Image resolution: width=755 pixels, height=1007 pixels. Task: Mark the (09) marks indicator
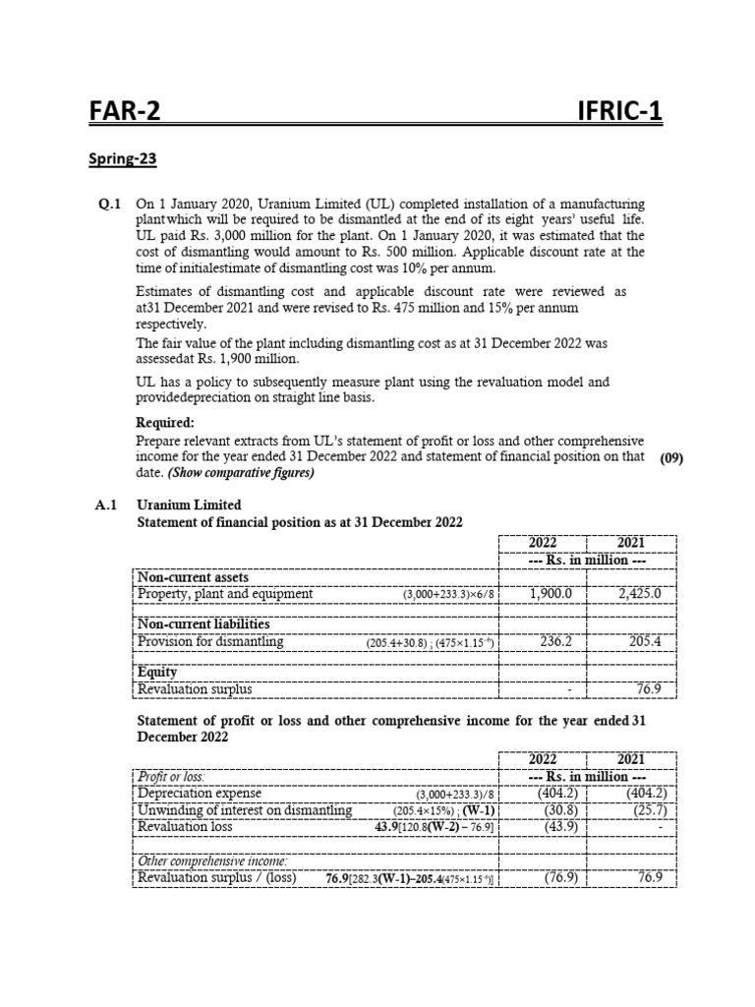[671, 457]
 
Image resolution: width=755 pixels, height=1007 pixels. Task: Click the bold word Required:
[164, 422]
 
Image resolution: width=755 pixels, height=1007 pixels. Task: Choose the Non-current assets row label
[193, 577]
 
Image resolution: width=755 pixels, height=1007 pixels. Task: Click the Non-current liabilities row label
[202, 625]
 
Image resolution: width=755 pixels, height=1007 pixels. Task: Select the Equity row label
[157, 674]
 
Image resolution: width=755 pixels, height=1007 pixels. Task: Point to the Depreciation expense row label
[200, 794]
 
